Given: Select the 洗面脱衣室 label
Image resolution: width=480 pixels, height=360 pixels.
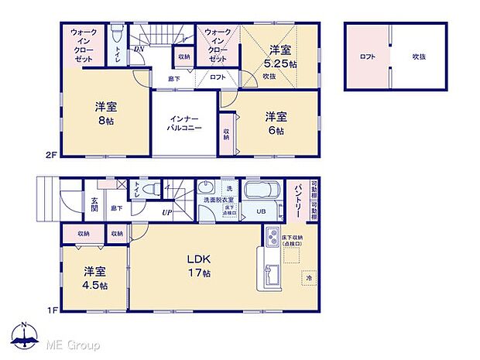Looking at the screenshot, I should pos(217,200).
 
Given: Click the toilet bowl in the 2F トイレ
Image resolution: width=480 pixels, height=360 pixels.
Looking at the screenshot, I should pos(116,36).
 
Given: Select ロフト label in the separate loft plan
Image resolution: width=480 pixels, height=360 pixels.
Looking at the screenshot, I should pos(367,57).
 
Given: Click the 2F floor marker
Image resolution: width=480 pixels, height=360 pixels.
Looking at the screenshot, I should pos(51,155).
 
